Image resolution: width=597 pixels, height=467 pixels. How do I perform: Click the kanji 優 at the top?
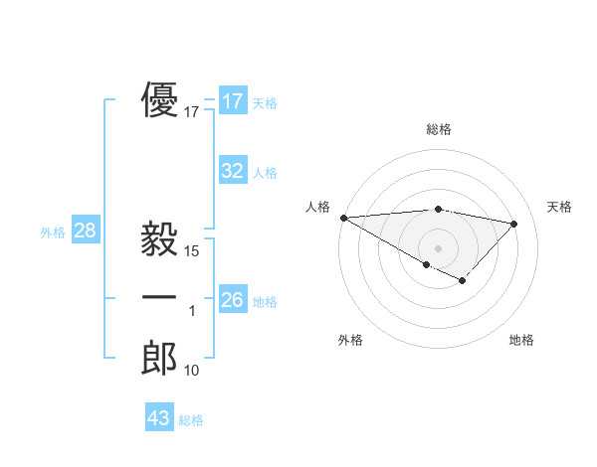159,101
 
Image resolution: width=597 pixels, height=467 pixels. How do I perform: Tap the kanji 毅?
159,239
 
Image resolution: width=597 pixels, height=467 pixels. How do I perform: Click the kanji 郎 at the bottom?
159,358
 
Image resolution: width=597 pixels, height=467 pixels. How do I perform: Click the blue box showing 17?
233,101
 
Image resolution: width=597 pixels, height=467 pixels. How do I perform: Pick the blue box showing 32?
233,171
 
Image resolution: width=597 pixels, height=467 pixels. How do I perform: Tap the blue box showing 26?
233,299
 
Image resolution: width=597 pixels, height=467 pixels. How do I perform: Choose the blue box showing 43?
159,418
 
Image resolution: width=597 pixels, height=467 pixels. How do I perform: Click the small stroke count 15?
192,251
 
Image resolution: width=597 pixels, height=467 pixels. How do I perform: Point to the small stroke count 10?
192,371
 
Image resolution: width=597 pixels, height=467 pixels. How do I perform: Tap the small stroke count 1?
192,312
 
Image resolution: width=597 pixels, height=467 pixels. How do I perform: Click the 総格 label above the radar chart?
439,130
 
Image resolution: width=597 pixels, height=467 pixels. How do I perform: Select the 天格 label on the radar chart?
559,207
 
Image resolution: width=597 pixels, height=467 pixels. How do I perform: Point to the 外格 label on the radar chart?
350,341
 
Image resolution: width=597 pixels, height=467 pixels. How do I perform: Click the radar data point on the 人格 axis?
343,217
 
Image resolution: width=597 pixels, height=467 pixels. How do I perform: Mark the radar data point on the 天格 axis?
513,224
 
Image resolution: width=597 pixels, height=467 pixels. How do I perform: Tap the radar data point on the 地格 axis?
462,281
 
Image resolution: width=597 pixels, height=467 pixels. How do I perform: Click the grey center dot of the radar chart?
438,247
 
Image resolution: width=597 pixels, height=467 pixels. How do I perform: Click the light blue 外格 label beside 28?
53,233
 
